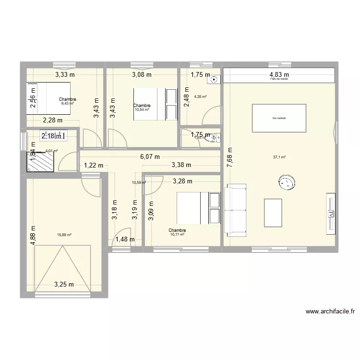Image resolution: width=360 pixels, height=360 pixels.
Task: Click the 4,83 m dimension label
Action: [278, 74]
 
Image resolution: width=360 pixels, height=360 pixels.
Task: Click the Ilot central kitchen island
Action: [279, 118]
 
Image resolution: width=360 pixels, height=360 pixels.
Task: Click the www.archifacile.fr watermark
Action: [330, 311]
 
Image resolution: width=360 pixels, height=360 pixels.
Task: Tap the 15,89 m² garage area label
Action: [64, 235]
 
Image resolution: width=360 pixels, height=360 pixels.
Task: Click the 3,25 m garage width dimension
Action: [64, 284]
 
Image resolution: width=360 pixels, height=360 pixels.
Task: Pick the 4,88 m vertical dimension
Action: [33, 236]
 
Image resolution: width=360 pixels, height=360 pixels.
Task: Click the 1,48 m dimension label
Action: [124, 240]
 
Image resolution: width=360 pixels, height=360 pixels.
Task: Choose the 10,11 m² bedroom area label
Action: [177, 235]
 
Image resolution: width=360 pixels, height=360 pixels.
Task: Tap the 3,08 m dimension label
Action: [142, 74]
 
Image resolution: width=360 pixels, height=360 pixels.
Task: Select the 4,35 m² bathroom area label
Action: [200, 96]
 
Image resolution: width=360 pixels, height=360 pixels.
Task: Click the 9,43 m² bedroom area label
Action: [68, 103]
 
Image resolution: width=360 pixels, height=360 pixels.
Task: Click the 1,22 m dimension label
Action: [94, 166]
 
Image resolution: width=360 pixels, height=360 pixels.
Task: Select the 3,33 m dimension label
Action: [65, 74]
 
